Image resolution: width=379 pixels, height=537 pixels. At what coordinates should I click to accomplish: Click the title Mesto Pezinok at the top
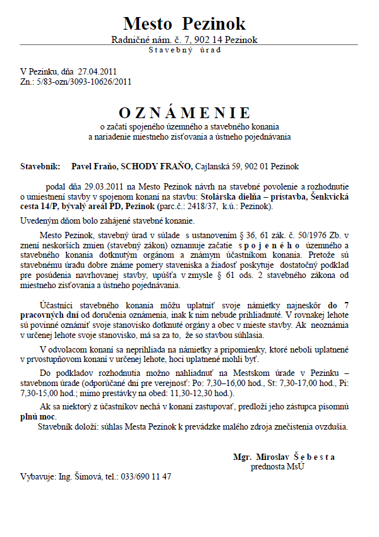[184, 24]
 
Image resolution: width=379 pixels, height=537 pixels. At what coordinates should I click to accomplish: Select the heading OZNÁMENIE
[184, 113]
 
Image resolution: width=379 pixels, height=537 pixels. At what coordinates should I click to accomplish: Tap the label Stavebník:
[40, 167]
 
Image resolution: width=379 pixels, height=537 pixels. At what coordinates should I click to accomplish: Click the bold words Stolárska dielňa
[221, 197]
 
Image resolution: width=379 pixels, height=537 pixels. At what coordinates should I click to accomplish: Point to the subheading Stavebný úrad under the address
[184, 50]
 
